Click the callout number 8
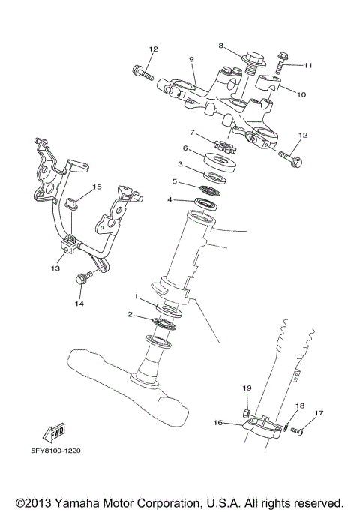(x=221, y=46)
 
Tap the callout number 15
(x=97, y=187)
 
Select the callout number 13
(x=55, y=268)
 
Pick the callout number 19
(x=245, y=388)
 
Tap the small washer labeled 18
(x=286, y=427)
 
